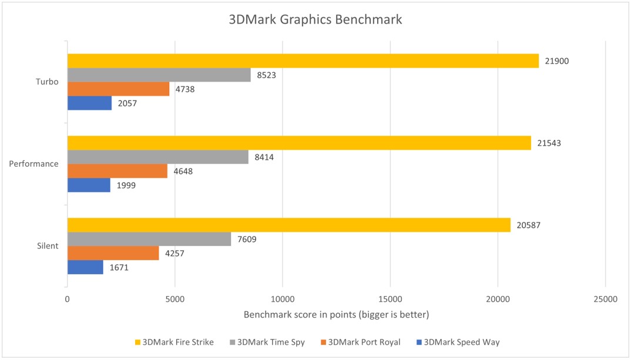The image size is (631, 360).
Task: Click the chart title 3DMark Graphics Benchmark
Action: click(315, 20)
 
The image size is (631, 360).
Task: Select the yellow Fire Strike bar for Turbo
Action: click(303, 60)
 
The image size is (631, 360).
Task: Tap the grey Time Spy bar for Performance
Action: click(157, 157)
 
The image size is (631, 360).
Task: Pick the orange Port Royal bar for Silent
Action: click(113, 253)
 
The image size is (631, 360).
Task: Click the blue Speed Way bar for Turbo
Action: click(89, 103)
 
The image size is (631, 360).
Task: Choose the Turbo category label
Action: click(47, 82)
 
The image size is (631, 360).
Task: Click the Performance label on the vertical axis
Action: click(34, 164)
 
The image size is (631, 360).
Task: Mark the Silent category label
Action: click(47, 245)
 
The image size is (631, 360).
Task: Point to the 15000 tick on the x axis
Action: click(390, 300)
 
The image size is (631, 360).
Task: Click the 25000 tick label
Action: click(605, 300)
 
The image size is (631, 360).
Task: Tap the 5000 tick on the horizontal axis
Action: click(175, 300)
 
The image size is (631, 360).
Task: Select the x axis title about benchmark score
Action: click(336, 315)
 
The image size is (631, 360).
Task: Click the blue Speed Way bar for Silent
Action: click(85, 267)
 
